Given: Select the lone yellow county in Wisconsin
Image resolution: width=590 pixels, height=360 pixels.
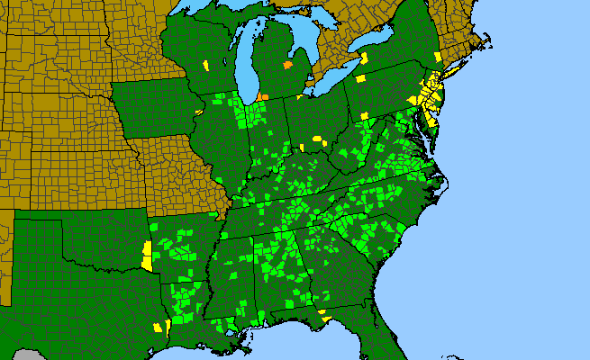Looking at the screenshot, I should click(x=205, y=65).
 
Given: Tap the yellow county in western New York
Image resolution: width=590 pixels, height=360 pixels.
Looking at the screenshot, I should click(x=365, y=57).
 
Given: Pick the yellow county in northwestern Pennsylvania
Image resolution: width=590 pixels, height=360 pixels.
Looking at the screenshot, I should click(x=361, y=78).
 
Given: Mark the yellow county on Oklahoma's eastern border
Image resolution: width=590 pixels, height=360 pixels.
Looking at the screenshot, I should click(x=147, y=256).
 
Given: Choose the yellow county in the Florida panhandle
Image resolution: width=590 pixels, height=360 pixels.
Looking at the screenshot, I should click(x=323, y=316).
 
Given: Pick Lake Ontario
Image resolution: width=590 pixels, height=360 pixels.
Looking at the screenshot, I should click(x=374, y=45).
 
